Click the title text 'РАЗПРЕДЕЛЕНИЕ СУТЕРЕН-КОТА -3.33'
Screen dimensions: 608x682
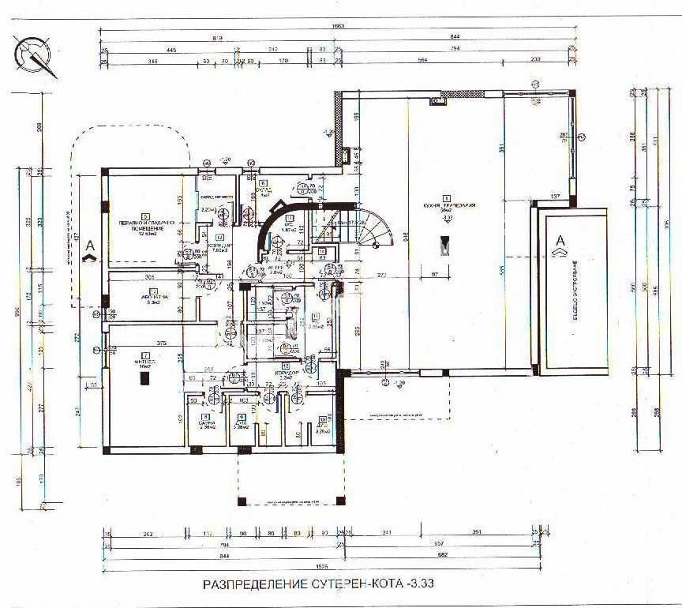(x=319, y=585)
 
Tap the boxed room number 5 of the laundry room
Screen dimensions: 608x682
(x=145, y=216)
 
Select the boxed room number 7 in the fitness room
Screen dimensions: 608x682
(x=144, y=355)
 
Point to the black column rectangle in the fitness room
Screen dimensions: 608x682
(x=144, y=378)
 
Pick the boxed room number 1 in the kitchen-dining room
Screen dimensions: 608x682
(x=447, y=199)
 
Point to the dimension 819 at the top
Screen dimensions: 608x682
(x=217, y=37)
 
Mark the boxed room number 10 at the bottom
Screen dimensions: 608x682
(x=322, y=419)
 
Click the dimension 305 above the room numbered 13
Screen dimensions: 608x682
(x=150, y=277)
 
